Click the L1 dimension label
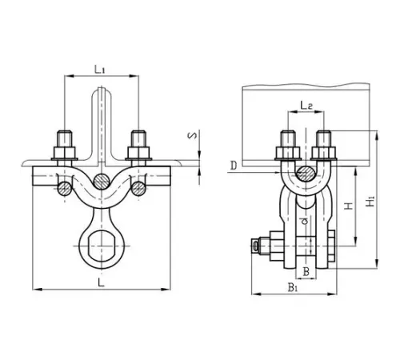pos(100,70)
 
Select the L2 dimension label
pos(306,106)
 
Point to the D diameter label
pos(234,166)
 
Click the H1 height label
pos(370,202)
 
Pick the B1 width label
pos(293,287)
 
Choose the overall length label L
pos(101,282)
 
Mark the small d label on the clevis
pos(306,221)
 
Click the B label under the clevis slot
pos(306,272)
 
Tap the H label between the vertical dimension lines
pos(348,206)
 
